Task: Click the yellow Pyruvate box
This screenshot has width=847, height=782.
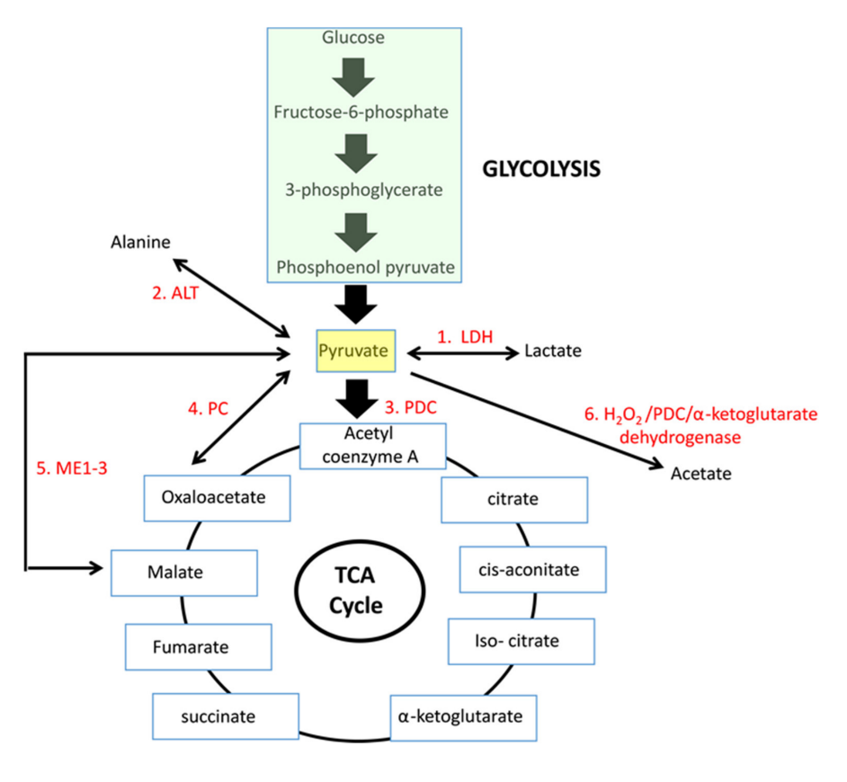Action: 355,351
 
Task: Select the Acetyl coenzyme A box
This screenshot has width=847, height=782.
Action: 373,446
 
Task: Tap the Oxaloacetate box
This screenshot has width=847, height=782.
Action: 218,498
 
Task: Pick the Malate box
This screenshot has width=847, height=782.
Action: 184,573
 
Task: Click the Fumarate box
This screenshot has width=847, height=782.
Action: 198,647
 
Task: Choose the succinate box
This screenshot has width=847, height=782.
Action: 226,716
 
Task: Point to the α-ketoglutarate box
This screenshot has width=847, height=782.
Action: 463,718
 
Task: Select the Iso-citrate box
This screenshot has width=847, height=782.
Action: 522,641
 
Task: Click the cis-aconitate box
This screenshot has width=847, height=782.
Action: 532,569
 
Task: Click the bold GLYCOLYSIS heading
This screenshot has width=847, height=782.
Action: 541,169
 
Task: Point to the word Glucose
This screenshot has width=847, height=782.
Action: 353,37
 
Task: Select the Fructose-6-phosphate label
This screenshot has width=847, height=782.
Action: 361,111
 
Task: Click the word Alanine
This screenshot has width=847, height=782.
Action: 140,242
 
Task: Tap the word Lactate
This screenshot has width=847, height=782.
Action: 553,351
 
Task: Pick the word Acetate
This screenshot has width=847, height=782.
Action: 700,473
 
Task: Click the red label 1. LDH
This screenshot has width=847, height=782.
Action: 465,336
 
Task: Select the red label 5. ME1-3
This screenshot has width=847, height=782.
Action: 72,467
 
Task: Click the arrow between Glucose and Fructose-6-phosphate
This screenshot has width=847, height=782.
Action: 353,78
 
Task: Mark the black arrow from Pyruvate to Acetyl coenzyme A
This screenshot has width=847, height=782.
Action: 357,398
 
